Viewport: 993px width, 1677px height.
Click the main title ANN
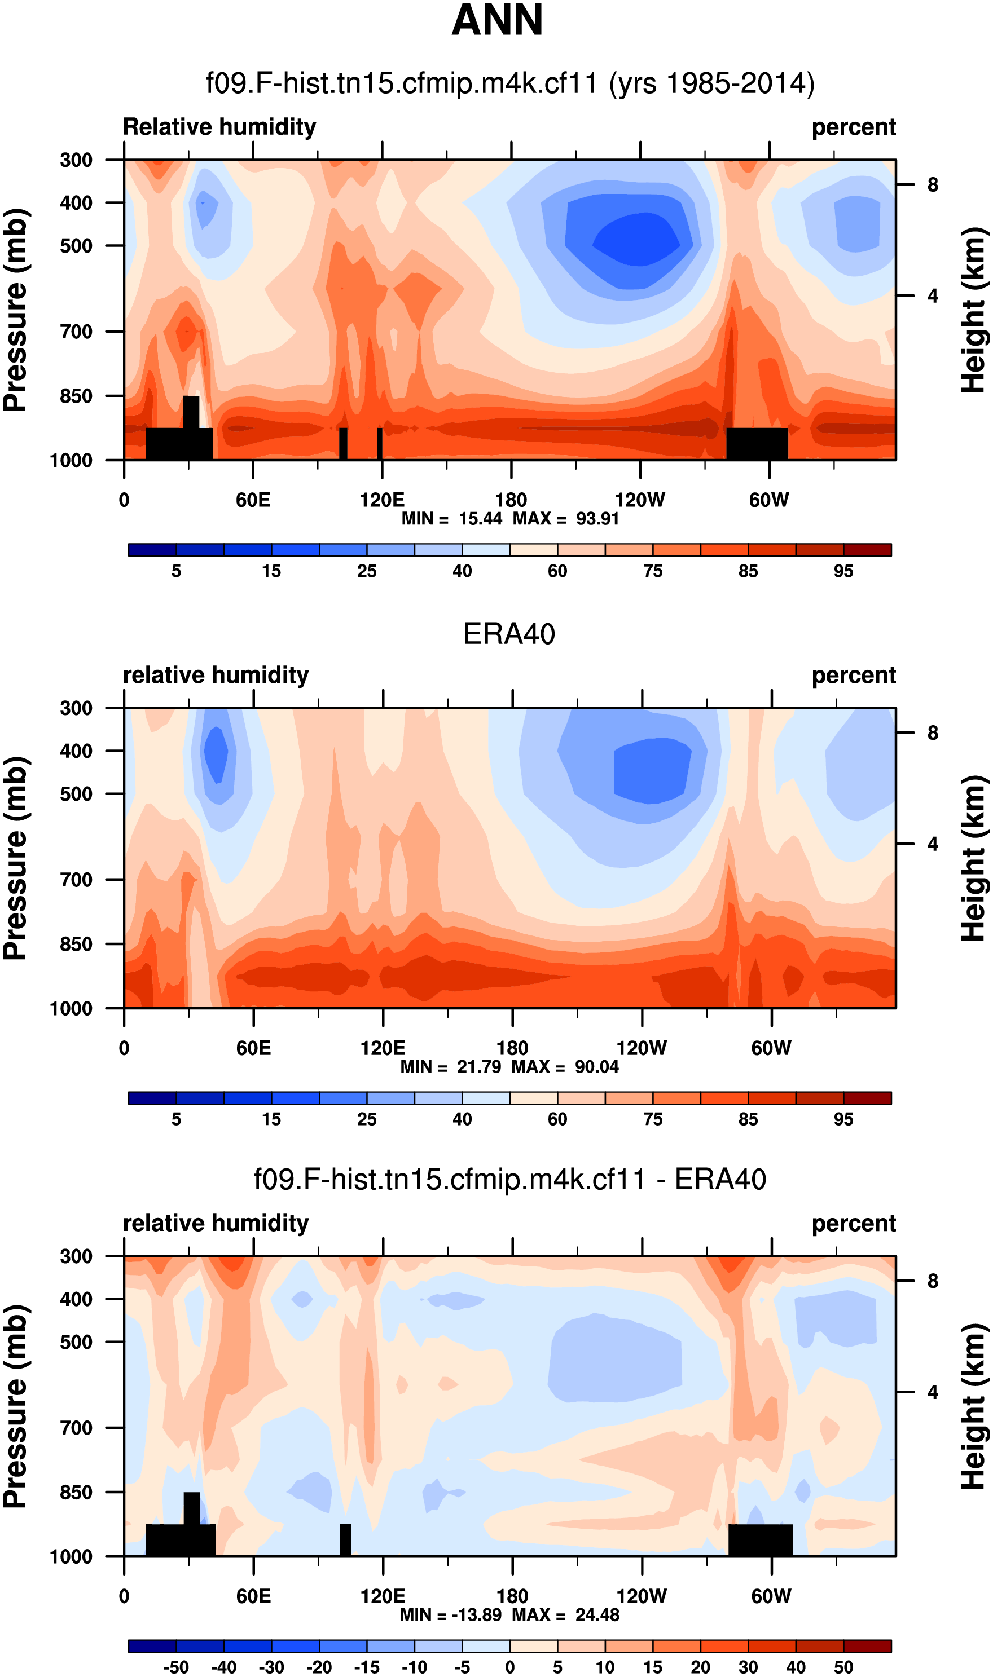[x=497, y=21]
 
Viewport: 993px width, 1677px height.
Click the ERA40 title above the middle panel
[x=509, y=634]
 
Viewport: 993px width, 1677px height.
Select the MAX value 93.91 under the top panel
[x=597, y=519]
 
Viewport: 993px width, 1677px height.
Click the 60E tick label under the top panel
[x=253, y=500]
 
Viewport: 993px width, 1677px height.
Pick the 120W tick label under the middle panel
[x=641, y=1048]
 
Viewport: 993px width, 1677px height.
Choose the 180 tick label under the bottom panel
[x=512, y=1596]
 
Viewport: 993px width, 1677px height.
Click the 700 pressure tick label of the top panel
[x=76, y=332]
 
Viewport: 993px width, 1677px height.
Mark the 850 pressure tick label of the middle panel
[x=76, y=944]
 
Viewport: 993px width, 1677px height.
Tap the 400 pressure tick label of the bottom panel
[x=76, y=1299]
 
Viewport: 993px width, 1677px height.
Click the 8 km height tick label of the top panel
[x=933, y=184]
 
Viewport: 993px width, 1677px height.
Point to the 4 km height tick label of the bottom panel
[x=933, y=1392]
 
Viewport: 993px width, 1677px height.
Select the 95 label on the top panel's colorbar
[x=843, y=572]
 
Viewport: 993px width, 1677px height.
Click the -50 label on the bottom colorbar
[x=176, y=1667]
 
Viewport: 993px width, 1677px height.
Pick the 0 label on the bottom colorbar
[x=510, y=1667]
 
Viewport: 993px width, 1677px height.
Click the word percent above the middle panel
[x=853, y=676]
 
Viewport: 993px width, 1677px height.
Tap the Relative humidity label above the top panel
[x=219, y=127]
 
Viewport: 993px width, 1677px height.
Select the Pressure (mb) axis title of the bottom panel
[x=16, y=1406]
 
